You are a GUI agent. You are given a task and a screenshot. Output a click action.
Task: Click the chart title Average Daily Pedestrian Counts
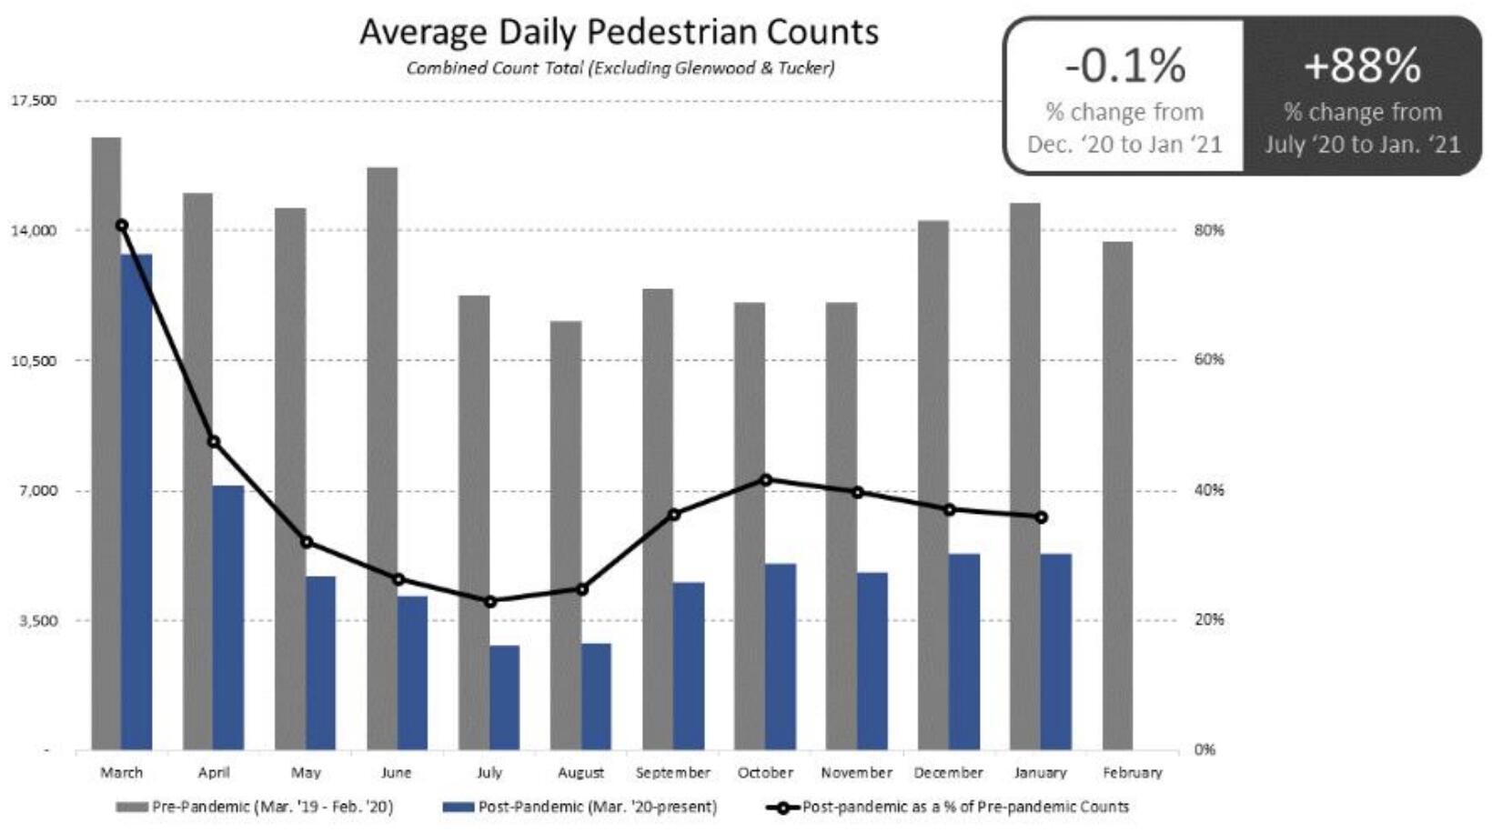click(619, 32)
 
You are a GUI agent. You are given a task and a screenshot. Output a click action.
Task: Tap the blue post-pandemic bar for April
click(228, 618)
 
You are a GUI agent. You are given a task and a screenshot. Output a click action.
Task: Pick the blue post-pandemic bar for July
click(504, 698)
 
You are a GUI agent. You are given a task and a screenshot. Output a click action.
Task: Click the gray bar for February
click(1117, 496)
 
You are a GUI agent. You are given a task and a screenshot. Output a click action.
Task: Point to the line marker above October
click(765, 479)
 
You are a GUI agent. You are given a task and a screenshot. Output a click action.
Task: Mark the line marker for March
click(122, 226)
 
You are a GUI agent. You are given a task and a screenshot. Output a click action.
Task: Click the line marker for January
click(1041, 517)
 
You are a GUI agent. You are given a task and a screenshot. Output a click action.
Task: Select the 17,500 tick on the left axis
click(34, 100)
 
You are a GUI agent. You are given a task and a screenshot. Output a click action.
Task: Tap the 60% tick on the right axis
click(1209, 360)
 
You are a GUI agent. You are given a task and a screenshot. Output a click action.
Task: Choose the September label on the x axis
click(672, 773)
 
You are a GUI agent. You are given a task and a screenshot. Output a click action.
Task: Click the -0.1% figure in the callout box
click(1124, 65)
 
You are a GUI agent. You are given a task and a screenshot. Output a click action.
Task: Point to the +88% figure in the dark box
click(1362, 65)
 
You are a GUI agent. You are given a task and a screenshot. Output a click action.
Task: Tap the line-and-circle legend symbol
click(781, 808)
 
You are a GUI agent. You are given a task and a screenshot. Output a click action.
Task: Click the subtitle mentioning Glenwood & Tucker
click(620, 68)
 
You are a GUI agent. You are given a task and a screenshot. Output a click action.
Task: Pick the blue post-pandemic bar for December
click(964, 652)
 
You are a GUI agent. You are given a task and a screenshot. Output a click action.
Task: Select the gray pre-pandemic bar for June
click(382, 459)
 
